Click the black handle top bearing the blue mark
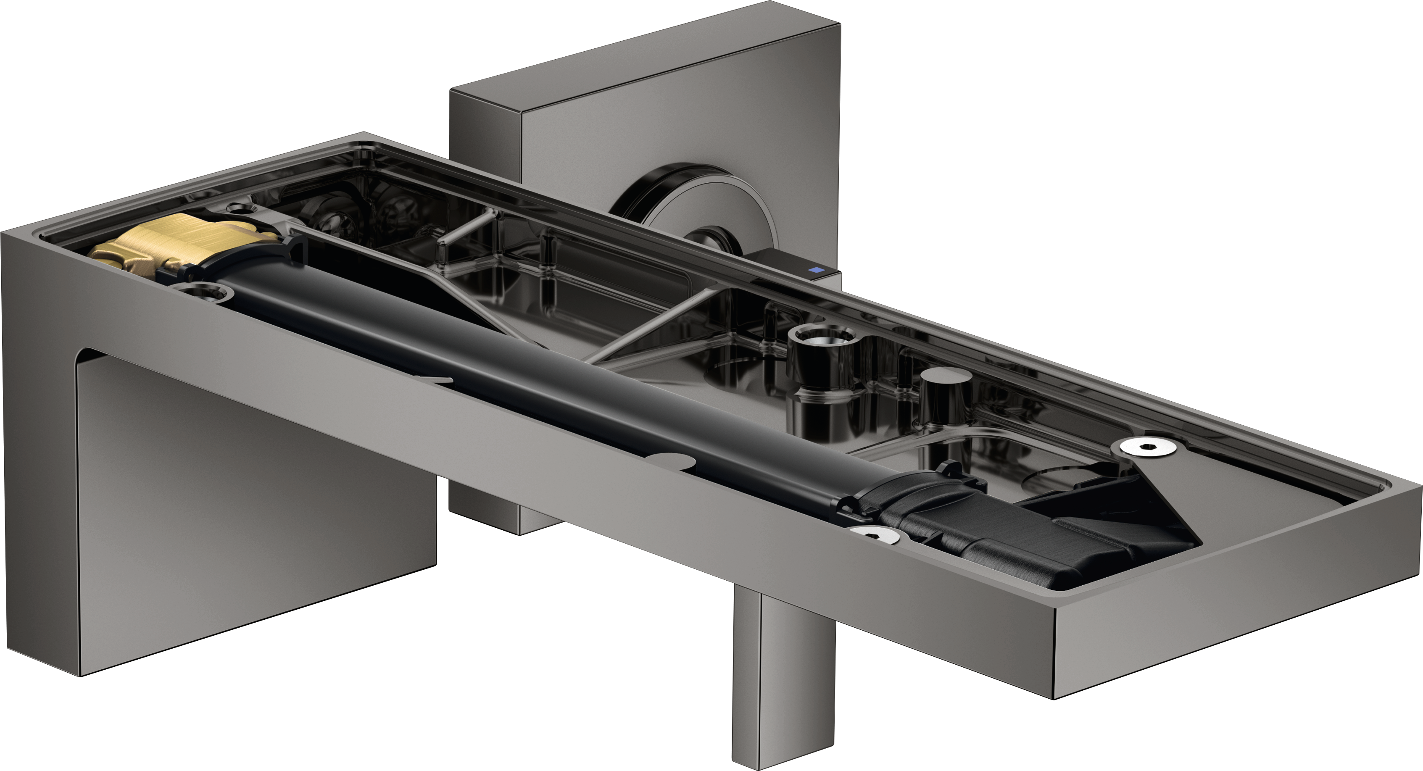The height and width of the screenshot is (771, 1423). (790, 262)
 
